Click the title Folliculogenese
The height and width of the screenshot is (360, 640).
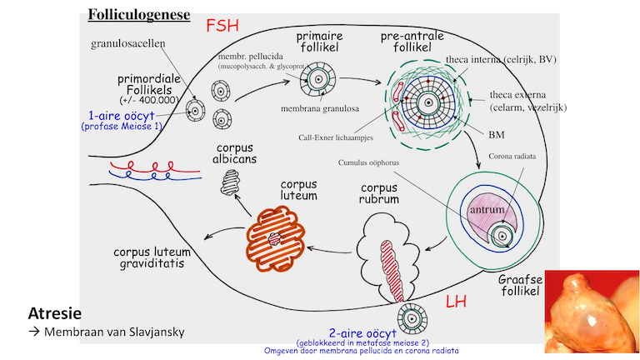coord(138,15)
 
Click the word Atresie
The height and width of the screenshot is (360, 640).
coord(55,315)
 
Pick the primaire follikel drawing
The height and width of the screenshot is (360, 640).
coord(317,82)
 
